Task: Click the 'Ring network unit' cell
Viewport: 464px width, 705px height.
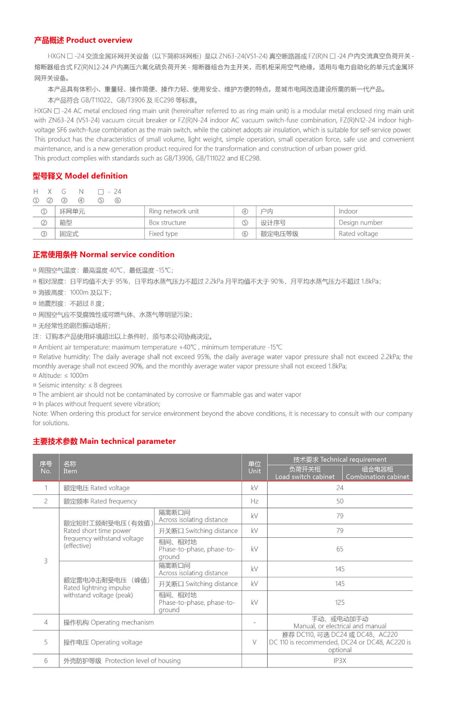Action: (x=173, y=211)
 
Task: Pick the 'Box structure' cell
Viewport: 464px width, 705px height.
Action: (x=167, y=222)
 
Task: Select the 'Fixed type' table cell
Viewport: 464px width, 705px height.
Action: (x=163, y=234)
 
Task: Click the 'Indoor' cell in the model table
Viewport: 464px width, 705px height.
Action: (x=348, y=211)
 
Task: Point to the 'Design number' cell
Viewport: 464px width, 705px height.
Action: (x=360, y=222)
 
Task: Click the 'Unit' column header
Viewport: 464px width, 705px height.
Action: (x=254, y=467)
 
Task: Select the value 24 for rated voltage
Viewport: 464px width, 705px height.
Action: (x=340, y=488)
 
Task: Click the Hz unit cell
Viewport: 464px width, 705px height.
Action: (x=254, y=501)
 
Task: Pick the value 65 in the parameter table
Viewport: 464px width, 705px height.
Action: (x=340, y=549)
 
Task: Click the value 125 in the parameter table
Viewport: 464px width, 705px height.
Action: (x=340, y=602)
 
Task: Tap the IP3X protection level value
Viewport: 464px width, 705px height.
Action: (x=340, y=661)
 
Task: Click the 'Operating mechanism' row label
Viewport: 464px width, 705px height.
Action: (x=108, y=622)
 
